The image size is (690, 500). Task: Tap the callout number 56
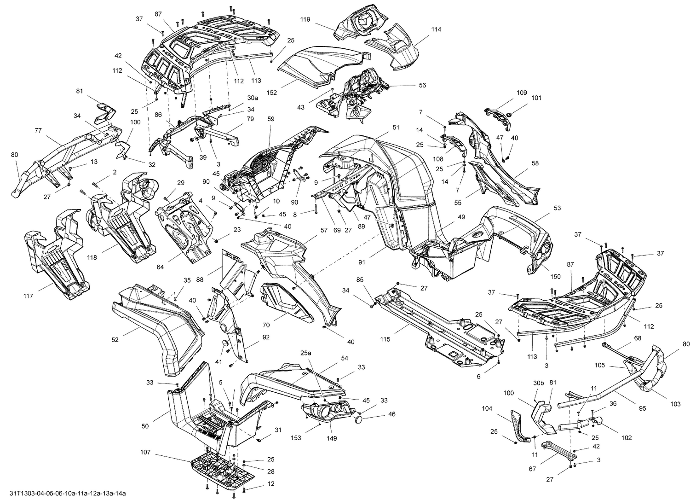[422, 85]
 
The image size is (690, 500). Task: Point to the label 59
[270, 119]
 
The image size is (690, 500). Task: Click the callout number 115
[385, 339]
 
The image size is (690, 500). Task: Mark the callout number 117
[29, 296]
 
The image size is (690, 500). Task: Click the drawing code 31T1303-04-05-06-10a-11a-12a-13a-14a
[63, 494]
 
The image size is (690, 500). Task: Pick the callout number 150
[556, 276]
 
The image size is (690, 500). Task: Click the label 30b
[539, 383]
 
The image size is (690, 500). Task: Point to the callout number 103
[675, 404]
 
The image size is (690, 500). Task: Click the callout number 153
[296, 437]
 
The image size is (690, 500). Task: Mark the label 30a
[253, 98]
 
